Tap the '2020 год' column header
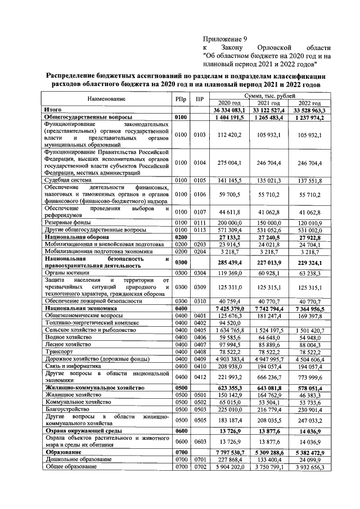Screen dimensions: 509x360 229,103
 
